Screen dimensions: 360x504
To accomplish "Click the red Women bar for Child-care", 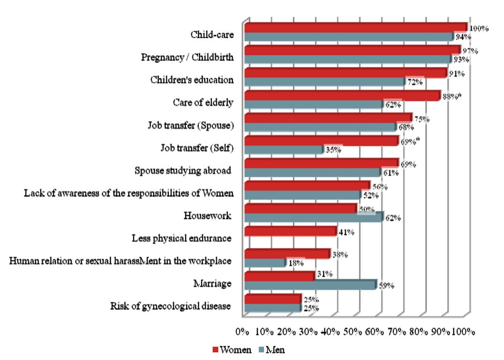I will [x=355, y=27].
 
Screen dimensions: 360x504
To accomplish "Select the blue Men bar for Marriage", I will [x=310, y=285].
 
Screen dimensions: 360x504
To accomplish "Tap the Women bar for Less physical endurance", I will [x=291, y=231].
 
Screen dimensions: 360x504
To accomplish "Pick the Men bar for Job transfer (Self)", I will [x=284, y=149].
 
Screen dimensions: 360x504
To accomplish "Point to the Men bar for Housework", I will [x=314, y=217].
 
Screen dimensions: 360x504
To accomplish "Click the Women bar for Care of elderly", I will [x=342, y=96].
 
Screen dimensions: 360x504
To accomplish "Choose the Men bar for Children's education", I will [x=324, y=82].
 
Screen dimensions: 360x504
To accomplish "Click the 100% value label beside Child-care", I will [x=479, y=29].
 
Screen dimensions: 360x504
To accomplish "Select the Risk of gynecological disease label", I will [x=171, y=306].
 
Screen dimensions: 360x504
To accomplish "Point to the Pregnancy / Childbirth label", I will [x=187, y=57].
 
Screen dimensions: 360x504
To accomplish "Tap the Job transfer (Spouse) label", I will [x=190, y=125].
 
